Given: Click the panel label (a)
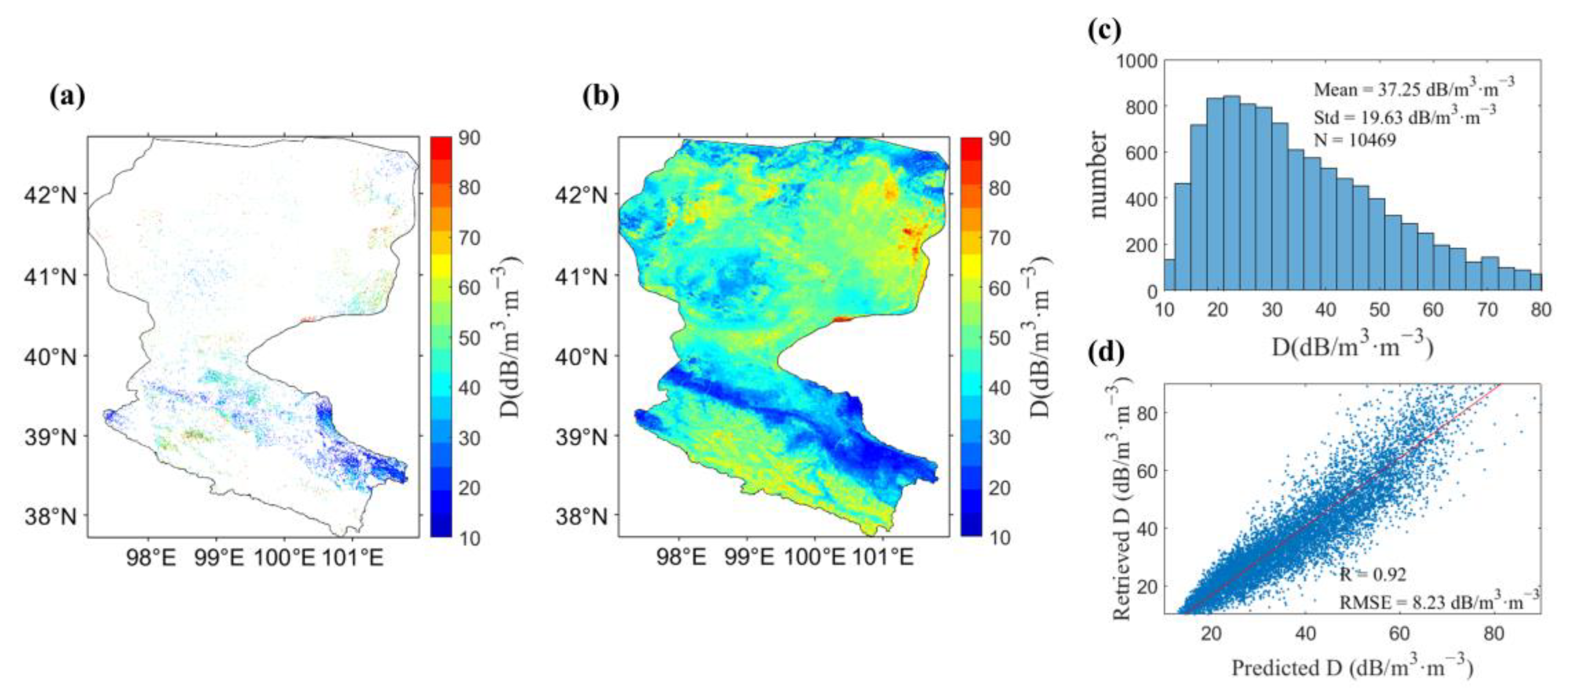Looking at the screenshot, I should [x=67, y=96].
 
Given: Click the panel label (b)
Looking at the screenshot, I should [x=600, y=96].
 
